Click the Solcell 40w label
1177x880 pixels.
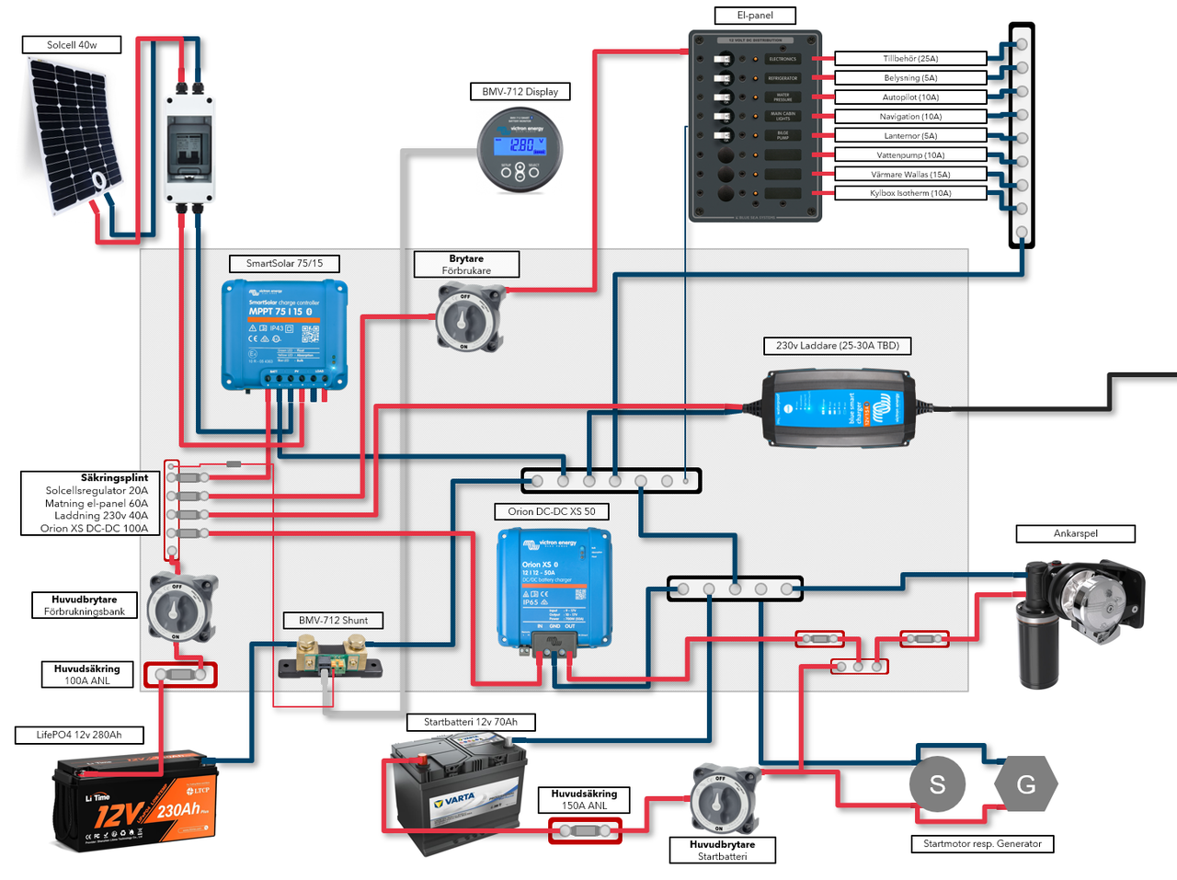pyautogui.click(x=72, y=45)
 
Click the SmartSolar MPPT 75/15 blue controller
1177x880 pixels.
pyautogui.click(x=285, y=335)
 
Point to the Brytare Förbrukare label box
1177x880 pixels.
pyautogui.click(x=466, y=265)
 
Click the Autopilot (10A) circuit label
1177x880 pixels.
pyautogui.click(x=910, y=97)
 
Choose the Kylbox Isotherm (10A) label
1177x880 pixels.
pyautogui.click(x=910, y=193)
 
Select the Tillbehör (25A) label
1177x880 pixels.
pyautogui.click(x=910, y=59)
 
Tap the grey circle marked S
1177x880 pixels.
pyautogui.click(x=937, y=784)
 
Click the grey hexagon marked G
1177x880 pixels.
pyautogui.click(x=1026, y=784)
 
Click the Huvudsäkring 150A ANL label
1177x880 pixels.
pyautogui.click(x=584, y=800)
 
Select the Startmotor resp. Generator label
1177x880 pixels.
pyautogui.click(x=982, y=844)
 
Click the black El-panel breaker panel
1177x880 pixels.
pyautogui.click(x=755, y=126)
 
